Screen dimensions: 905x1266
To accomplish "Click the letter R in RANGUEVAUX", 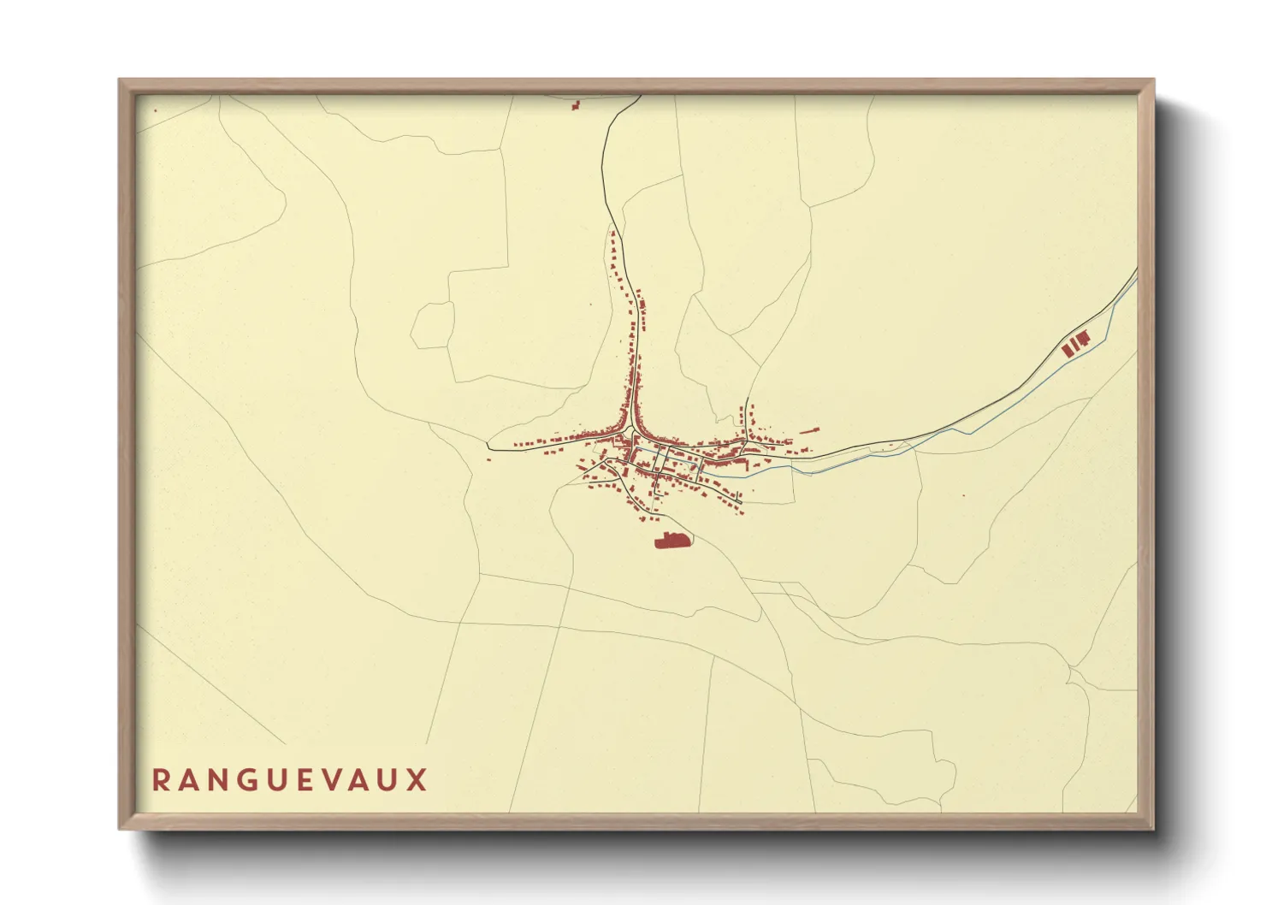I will pos(161,780).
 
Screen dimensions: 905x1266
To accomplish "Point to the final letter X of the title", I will pos(417,780).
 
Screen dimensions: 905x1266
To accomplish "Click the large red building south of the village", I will pos(671,541).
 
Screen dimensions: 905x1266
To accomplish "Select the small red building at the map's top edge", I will pos(576,105).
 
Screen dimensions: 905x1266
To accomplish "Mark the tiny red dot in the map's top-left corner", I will pos(155,110).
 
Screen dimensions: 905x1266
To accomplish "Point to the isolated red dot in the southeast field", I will pos(963,495).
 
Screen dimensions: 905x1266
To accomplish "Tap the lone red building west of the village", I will pos(488,459).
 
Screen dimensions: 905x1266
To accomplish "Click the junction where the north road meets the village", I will pos(632,427).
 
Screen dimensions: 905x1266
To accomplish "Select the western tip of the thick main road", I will pos(488,445).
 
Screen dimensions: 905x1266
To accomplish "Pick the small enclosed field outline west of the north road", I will pos(433,326).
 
